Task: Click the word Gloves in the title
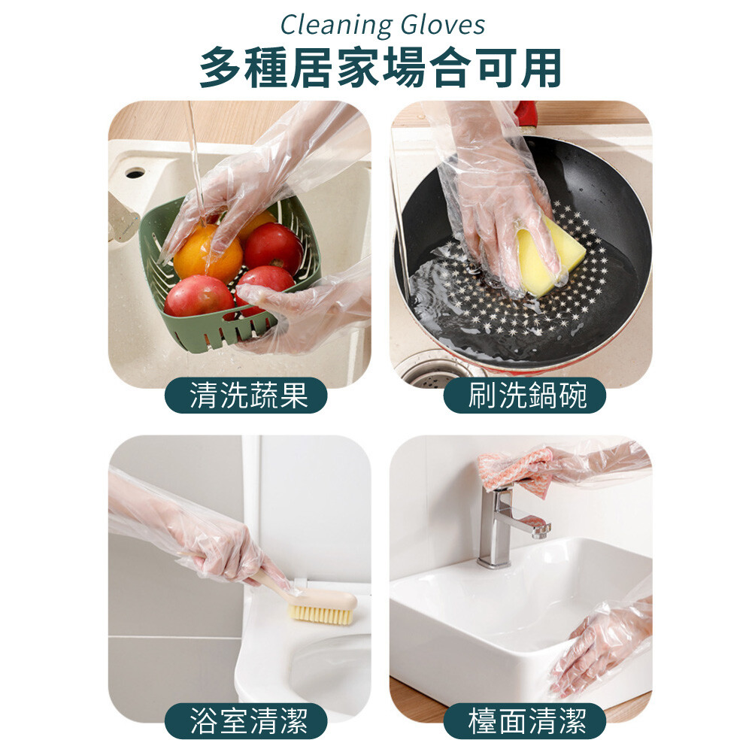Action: click(443, 25)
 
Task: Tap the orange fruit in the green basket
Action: click(208, 255)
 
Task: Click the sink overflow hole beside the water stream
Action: click(135, 173)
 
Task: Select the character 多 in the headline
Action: click(220, 68)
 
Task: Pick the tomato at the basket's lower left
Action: click(199, 297)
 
